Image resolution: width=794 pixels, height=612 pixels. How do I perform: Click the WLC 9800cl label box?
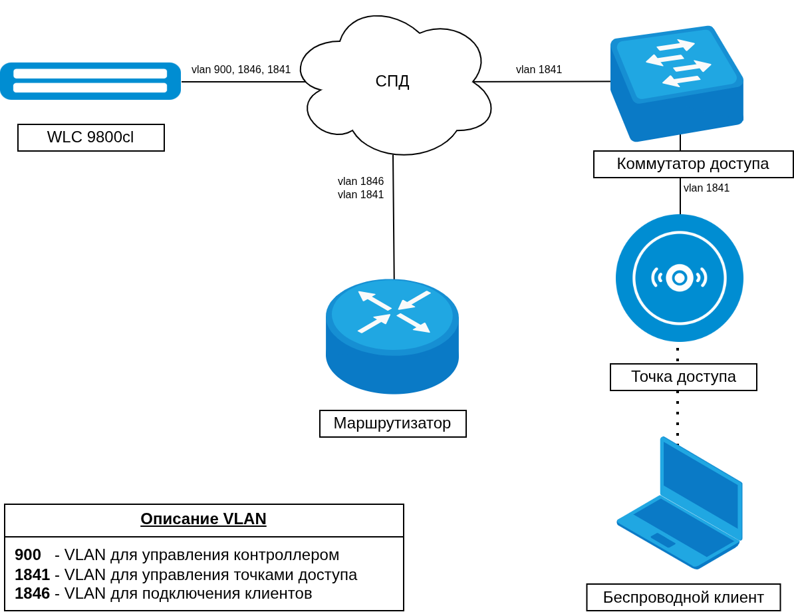(x=91, y=138)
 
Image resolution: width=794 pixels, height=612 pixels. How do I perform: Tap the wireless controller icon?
(x=90, y=81)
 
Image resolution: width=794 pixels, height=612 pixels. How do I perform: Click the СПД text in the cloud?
(x=392, y=81)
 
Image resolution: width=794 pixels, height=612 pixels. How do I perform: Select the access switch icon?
(x=676, y=83)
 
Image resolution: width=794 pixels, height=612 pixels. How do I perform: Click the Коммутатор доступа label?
(x=693, y=164)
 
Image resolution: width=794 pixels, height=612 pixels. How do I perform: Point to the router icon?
(x=392, y=336)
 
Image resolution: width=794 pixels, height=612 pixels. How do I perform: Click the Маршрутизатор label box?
(x=392, y=424)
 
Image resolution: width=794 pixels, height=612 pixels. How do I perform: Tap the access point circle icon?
(x=680, y=278)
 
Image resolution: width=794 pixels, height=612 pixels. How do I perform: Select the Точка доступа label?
(x=683, y=377)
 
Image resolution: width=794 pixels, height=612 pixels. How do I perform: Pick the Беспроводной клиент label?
(x=683, y=597)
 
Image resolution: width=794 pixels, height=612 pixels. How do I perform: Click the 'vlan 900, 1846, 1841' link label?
(x=241, y=70)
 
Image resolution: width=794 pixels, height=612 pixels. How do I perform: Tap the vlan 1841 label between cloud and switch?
(x=539, y=70)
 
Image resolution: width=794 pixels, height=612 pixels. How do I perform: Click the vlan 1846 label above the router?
(x=360, y=182)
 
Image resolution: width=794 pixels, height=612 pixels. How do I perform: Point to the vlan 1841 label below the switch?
(x=706, y=188)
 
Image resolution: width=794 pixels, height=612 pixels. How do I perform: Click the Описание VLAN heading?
(x=203, y=519)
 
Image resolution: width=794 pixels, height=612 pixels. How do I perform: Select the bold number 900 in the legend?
(x=28, y=555)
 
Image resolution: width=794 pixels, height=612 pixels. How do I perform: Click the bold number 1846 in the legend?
(x=32, y=593)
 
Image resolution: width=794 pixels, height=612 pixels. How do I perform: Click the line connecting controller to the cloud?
(x=243, y=82)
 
